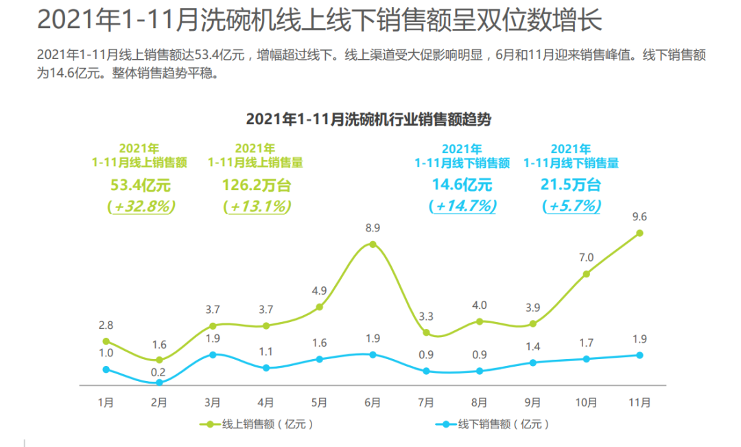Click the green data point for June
point(373,244)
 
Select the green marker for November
point(639,233)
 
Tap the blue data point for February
point(159,382)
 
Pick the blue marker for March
point(213,354)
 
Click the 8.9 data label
point(373,227)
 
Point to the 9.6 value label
point(639,216)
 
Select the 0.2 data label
point(158,373)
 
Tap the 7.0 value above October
point(586,257)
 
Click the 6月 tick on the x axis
point(373,402)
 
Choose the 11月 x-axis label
point(639,402)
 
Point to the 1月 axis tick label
point(106,402)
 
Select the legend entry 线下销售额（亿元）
point(494,424)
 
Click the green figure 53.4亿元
point(140,185)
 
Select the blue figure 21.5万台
point(571,185)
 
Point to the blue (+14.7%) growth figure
point(461,206)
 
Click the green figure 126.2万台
point(256,185)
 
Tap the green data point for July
point(426,332)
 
